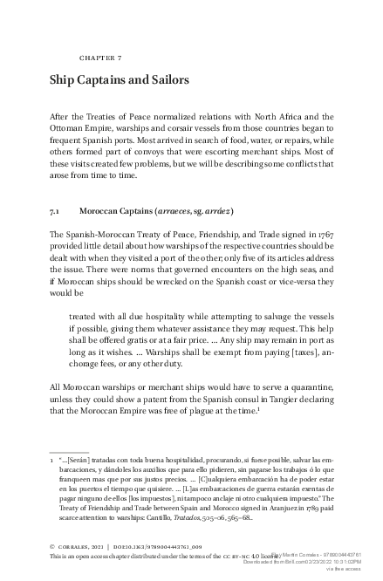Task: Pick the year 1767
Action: tap(324, 235)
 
